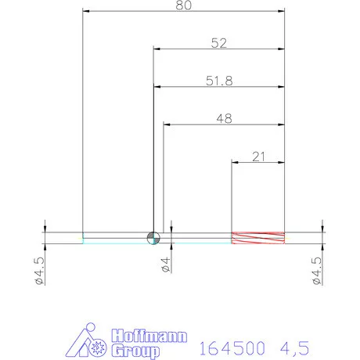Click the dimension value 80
click(x=183, y=5)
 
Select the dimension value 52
click(x=218, y=44)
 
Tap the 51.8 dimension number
click(x=218, y=79)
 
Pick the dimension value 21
click(x=257, y=156)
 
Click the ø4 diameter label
click(x=164, y=265)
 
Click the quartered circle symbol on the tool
click(x=153, y=238)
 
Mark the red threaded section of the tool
click(x=257, y=238)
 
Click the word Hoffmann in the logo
click(x=148, y=337)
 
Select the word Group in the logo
click(x=136, y=351)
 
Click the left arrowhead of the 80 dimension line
click(x=86, y=12)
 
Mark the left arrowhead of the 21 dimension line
click(x=234, y=162)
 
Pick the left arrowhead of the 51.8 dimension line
click(x=157, y=85)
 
